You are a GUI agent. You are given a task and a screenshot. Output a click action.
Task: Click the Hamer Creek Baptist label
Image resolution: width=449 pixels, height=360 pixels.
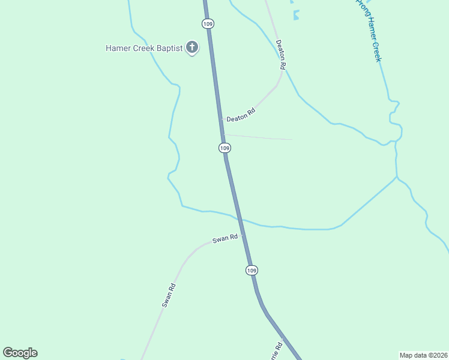[144, 48]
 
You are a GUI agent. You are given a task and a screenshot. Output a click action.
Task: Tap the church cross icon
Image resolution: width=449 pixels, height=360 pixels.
[192, 47]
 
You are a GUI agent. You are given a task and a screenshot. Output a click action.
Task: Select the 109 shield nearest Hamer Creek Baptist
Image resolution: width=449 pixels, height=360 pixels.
[208, 23]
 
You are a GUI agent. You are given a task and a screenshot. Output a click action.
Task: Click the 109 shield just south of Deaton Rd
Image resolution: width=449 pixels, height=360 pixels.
[224, 148]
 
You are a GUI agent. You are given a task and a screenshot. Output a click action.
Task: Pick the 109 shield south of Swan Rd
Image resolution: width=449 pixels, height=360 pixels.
[252, 271]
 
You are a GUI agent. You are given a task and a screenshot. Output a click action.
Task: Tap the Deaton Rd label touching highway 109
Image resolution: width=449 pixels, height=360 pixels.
[241, 115]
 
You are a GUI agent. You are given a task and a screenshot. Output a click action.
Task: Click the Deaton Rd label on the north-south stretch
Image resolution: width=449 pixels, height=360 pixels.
[280, 53]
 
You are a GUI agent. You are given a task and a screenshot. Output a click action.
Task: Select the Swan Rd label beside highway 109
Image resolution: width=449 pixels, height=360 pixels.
[225, 239]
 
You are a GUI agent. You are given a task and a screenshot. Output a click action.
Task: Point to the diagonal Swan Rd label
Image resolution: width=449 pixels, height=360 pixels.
[168, 295]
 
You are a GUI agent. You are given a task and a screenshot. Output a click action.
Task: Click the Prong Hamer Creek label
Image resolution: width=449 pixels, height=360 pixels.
[369, 30]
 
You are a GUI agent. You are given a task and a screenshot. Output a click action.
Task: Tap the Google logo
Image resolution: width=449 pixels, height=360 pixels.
[20, 353]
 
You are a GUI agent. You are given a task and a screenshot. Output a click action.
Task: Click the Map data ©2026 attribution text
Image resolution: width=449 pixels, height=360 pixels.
[423, 355]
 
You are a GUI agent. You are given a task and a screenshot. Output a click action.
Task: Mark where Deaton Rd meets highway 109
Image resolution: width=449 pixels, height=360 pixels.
[221, 119]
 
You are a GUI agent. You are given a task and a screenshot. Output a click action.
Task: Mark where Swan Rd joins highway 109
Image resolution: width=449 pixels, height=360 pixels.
[243, 235]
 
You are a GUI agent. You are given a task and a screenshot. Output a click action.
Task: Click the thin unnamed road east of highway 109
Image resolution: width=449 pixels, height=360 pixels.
[258, 137]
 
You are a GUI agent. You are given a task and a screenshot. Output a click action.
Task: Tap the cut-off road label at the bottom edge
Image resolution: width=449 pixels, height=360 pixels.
[276, 352]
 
